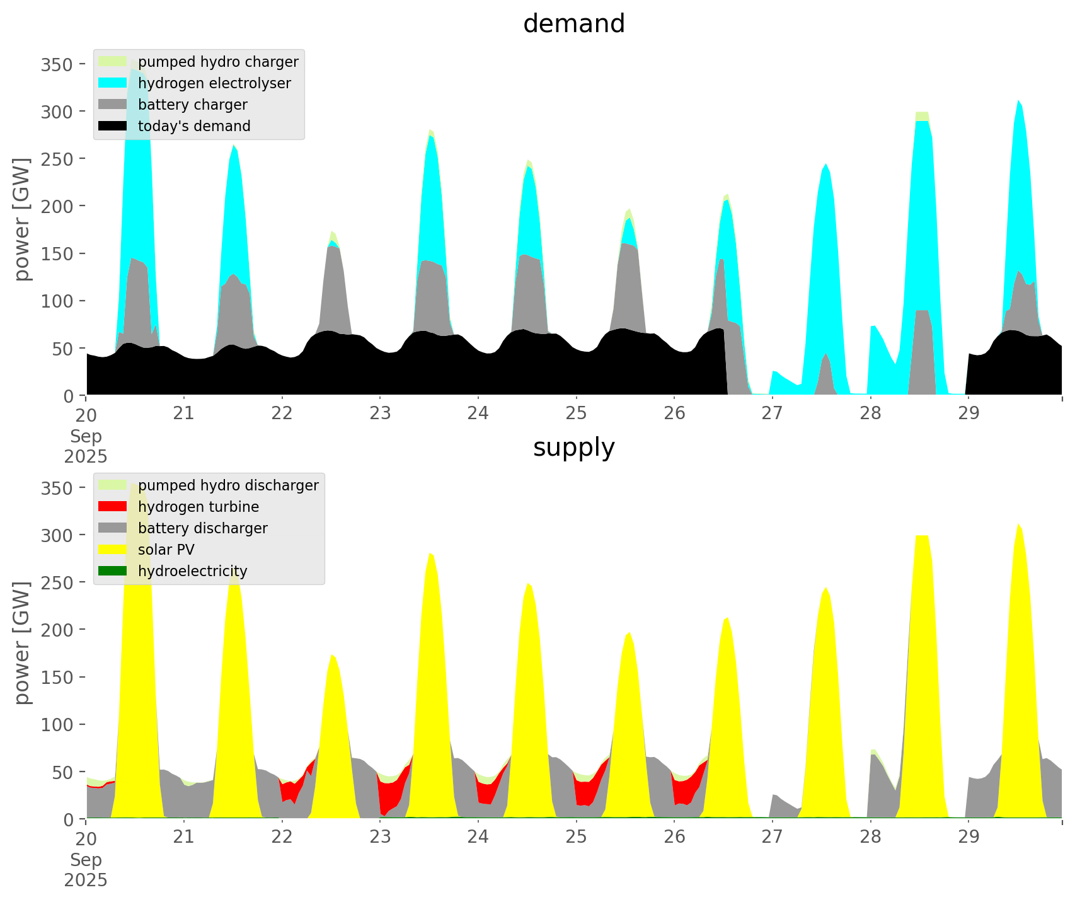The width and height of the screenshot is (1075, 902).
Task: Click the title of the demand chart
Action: [573, 24]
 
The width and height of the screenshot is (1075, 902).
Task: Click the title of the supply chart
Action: [573, 448]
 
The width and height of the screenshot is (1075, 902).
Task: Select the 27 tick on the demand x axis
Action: [772, 413]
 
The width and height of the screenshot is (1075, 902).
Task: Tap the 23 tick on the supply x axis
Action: [380, 836]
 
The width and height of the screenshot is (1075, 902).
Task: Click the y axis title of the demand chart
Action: [22, 219]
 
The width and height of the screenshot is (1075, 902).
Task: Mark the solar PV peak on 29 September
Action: [1018, 524]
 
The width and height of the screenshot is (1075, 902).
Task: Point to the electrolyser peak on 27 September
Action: [825, 165]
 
